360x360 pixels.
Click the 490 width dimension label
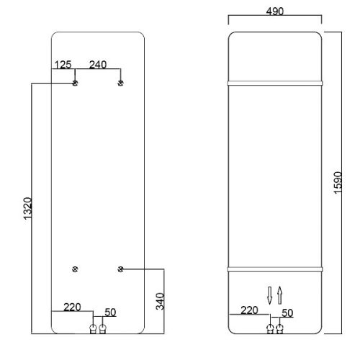tap(275, 12)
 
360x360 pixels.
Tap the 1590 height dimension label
tap(338, 183)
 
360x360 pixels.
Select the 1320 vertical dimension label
tap(27, 208)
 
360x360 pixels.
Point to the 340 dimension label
tap(160, 301)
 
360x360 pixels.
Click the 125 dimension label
tap(63, 65)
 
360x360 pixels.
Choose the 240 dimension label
tap(98, 65)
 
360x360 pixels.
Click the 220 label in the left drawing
tap(72, 307)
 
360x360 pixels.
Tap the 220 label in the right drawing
tap(249, 310)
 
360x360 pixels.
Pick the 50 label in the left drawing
tap(110, 312)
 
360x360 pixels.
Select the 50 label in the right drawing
tap(287, 313)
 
